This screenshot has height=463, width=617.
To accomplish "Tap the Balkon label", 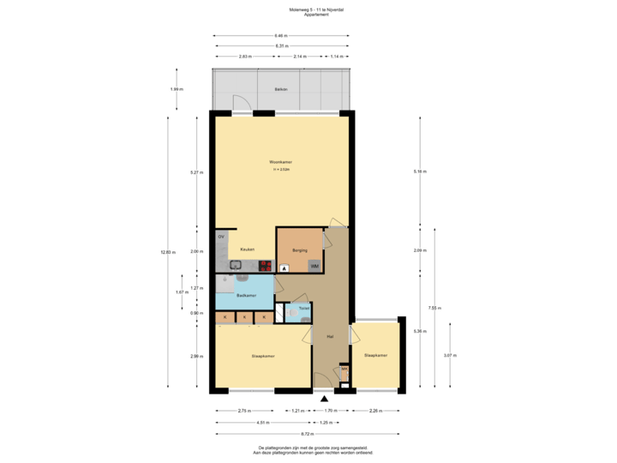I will [281, 89].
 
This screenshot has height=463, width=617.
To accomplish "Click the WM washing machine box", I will [314, 266].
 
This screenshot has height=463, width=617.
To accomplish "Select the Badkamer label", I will [247, 295].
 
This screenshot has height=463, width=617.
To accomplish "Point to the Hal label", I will [330, 337].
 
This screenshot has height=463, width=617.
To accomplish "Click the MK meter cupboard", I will [344, 370].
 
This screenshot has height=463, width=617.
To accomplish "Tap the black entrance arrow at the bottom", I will [324, 398].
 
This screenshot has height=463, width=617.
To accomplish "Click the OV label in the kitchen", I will [221, 236].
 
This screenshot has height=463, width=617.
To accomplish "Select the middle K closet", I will [245, 317].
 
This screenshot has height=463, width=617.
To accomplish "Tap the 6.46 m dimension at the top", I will [281, 35].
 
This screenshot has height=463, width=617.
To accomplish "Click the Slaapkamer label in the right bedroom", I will [375, 355].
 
